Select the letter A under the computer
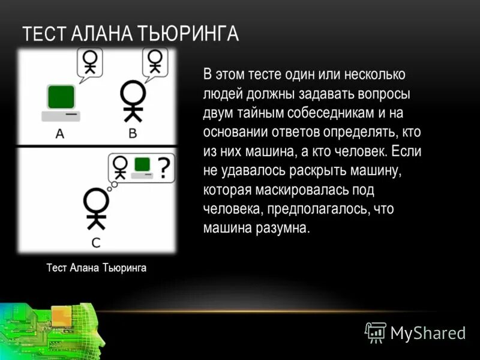click(59, 133)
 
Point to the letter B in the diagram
click(133, 133)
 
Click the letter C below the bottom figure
click(96, 242)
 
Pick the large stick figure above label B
click(133, 101)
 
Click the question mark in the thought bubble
click(164, 167)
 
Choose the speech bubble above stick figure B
click(155, 62)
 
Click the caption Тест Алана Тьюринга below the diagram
click(96, 268)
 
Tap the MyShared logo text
click(428, 333)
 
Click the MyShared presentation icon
click(376, 332)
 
